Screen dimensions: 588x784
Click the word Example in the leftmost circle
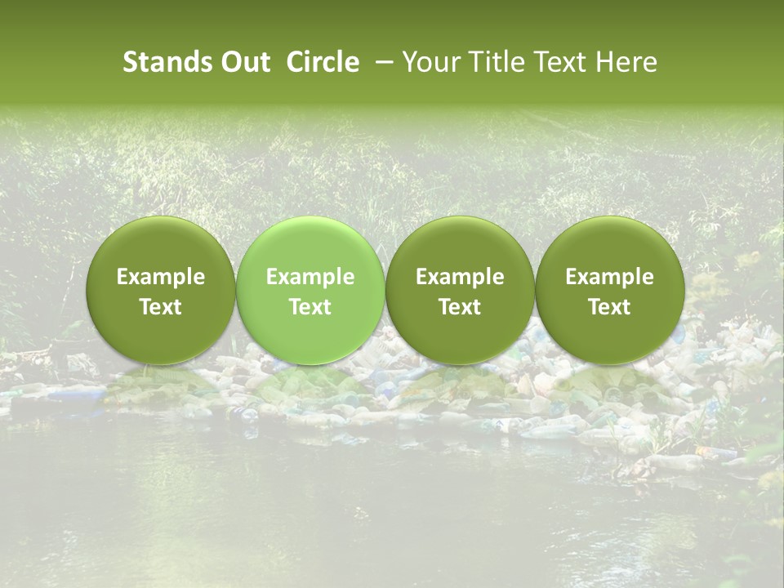[160, 277]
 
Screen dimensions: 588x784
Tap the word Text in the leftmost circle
[160, 307]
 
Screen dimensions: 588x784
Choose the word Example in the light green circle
[310, 277]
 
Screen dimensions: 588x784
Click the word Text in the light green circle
[310, 307]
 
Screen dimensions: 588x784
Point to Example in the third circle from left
[460, 277]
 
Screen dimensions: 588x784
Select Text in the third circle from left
[460, 307]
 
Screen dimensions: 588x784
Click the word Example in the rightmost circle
[609, 277]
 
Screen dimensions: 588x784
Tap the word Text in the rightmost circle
[609, 307]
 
